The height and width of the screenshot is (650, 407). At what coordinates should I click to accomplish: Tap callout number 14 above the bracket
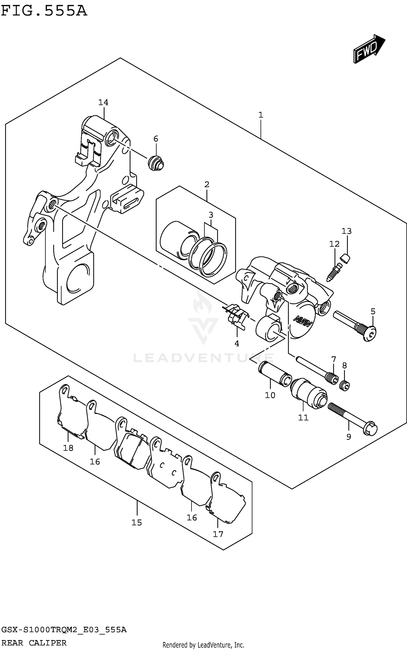(x=103, y=102)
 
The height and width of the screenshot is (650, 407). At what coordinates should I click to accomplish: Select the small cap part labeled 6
(x=156, y=163)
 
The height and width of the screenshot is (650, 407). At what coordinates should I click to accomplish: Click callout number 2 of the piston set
(x=207, y=185)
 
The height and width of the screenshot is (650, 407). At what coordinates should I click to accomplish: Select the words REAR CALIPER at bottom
(x=34, y=643)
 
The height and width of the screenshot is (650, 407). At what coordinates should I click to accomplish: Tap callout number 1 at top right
(x=260, y=115)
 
